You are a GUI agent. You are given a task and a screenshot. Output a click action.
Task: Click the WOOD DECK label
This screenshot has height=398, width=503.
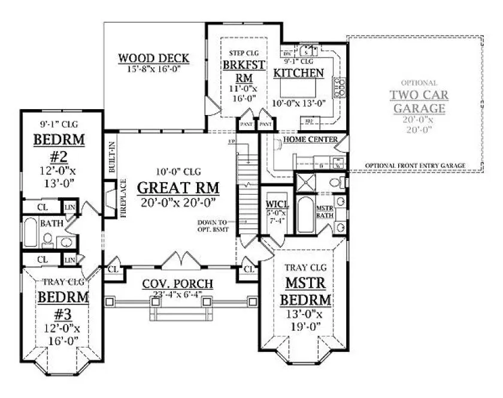click(x=154, y=58)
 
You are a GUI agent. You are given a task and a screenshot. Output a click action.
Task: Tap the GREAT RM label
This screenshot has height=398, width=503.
click(x=178, y=187)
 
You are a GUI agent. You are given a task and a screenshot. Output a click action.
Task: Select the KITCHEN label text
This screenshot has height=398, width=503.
click(x=299, y=73)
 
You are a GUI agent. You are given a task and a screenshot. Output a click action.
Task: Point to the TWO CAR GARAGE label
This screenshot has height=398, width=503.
click(x=419, y=101)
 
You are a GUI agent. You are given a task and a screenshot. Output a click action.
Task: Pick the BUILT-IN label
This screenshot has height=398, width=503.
click(x=112, y=158)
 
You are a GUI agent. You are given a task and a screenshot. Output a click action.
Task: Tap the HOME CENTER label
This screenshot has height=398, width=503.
click(x=311, y=140)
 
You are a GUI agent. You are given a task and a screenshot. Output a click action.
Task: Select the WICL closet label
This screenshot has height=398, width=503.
click(x=277, y=205)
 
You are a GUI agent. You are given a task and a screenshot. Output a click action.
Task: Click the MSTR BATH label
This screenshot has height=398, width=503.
click(x=325, y=212)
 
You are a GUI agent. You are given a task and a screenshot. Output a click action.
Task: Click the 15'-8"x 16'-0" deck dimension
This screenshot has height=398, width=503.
click(x=154, y=70)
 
